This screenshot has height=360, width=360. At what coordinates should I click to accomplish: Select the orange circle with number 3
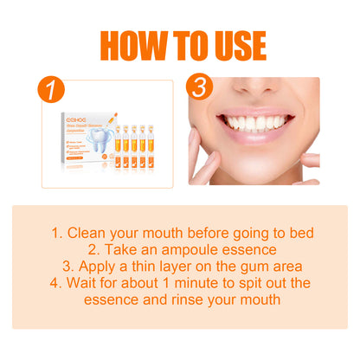click(200, 87)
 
